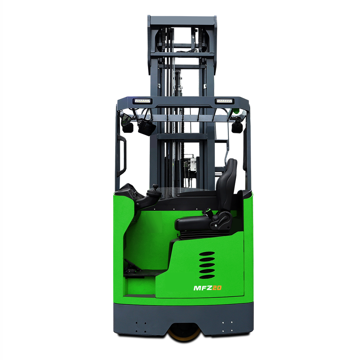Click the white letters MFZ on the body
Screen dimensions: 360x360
pos(202,288)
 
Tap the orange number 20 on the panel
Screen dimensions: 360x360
pos(217,288)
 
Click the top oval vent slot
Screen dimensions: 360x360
pos(207,254)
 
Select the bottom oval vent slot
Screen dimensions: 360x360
pos(207,276)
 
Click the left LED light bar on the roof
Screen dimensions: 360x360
pos(142,101)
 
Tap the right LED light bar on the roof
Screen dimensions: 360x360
pos(224,101)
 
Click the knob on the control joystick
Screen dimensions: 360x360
pos(155,187)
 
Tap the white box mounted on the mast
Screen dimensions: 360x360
pos(193,165)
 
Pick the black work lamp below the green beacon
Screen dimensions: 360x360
pos(237,127)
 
